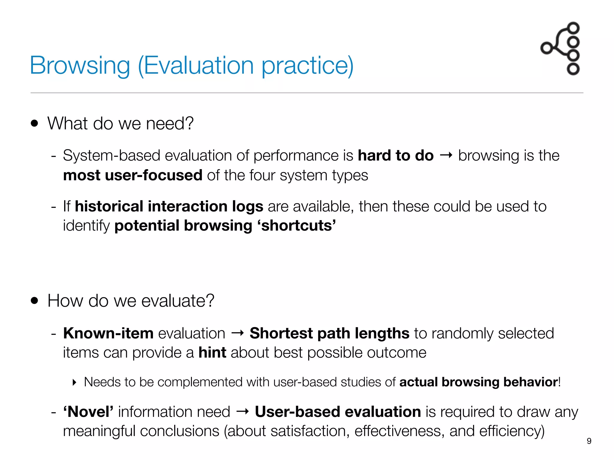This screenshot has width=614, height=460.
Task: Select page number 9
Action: coord(589,441)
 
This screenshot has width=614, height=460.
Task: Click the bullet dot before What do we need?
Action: coord(35,123)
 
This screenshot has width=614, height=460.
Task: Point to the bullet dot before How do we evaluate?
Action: coord(35,301)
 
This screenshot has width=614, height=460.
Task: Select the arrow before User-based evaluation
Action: coord(243,411)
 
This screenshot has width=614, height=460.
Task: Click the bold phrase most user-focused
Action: coord(133,175)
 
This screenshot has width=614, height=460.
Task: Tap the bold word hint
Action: coord(212,352)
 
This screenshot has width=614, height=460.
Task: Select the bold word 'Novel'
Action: coord(88,411)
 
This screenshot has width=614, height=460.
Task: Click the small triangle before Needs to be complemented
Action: coord(75,382)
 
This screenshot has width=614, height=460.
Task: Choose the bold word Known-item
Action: coord(109,333)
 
